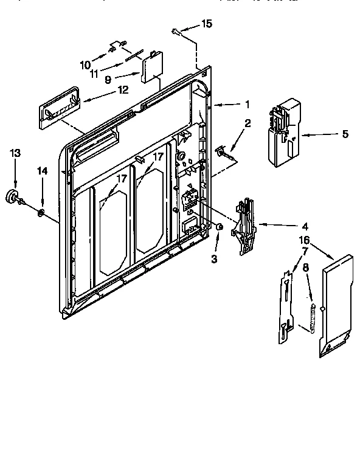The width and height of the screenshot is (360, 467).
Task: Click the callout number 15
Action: [x=207, y=24]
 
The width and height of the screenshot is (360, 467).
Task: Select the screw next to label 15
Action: [x=175, y=29]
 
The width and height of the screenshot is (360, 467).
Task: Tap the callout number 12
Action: [x=123, y=89]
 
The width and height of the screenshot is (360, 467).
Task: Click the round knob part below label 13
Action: [x=13, y=197]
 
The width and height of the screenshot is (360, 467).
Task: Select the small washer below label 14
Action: [x=41, y=212]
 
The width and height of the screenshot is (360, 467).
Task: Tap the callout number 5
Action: [x=345, y=133]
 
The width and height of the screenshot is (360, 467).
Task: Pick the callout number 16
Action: [x=303, y=241]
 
